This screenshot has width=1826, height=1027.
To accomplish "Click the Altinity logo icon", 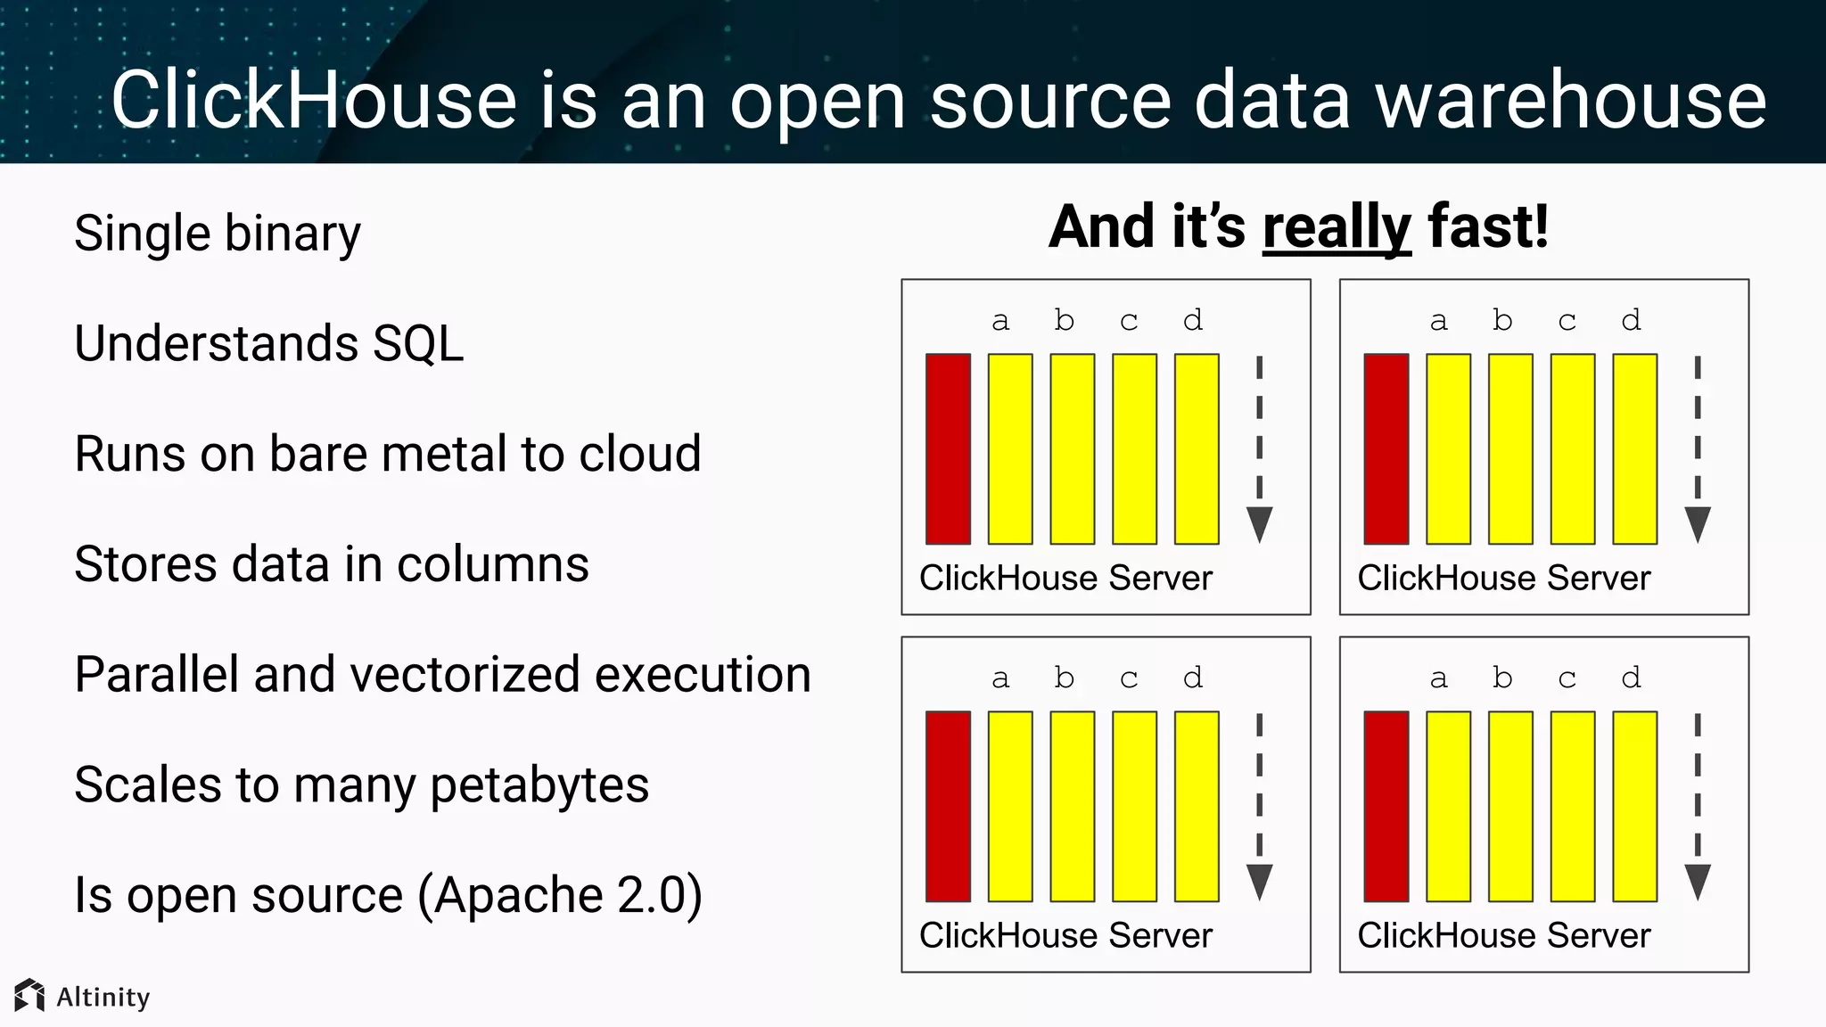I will pos(29,996).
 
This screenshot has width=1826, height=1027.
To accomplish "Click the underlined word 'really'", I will pos(1337,228).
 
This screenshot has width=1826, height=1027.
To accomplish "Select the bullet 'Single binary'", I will pos(218,234).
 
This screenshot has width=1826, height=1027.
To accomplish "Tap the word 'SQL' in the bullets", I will pos(418,343).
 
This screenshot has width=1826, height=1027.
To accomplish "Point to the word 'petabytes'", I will pos(539,785).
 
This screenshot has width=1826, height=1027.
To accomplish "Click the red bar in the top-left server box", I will pos(948,448).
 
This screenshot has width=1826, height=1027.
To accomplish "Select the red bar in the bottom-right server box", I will pos(1386,806).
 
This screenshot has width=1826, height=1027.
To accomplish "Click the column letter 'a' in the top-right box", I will pos(1438,321).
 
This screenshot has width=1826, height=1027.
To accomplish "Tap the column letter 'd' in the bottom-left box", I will pos(1193,678).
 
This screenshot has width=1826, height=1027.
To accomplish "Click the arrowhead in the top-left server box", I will pos(1259,524).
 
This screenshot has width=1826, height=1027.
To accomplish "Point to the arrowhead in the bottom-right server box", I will pos(1697,882).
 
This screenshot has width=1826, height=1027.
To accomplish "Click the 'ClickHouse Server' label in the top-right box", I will pos(1503,579).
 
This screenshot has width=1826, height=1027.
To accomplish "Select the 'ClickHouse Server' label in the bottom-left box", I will pos(1065,936).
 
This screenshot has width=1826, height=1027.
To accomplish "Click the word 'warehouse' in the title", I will pos(1570,101).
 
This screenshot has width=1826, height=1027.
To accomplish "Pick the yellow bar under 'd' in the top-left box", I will pos(1197,448).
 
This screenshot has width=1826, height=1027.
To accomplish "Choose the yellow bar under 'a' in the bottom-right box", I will pos(1448,806).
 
